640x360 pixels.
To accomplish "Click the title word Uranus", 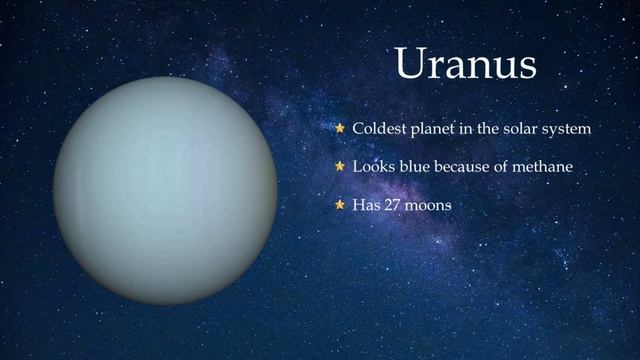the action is point(466,63).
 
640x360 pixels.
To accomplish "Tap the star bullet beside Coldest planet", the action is point(340,129).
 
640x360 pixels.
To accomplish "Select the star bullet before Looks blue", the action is point(340,166).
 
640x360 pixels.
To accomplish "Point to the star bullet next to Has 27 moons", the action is point(340,204).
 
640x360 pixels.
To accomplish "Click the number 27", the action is point(392,205).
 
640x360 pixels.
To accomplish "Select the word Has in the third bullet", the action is point(366,205).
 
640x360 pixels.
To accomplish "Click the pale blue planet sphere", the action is point(165,190).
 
